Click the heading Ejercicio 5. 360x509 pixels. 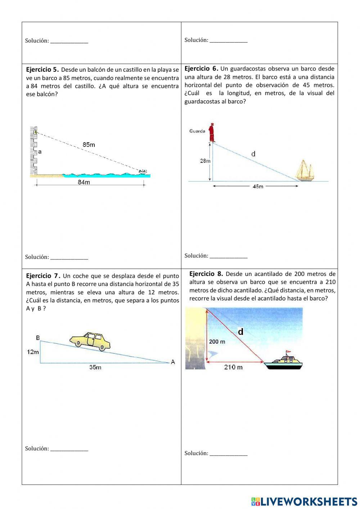pos(42,70)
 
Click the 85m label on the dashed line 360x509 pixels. pos(89,145)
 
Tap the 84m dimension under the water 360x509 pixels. pos(84,182)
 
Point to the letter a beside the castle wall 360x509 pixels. pos(40,152)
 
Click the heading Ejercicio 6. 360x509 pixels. pos(201,68)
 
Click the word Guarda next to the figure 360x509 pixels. pos(197,131)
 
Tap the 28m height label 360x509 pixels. pos(205,161)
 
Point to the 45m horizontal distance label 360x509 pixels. pos(258,186)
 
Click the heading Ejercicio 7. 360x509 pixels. pos(44,276)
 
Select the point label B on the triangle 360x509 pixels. pos(38,338)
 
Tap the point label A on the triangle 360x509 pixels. pos(173,362)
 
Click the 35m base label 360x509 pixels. pos(95,367)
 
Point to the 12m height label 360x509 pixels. pos(33,352)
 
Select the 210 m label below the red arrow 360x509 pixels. pos(233,367)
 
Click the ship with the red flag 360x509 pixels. pos(283,361)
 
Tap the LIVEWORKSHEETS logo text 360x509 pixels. pos(308,501)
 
